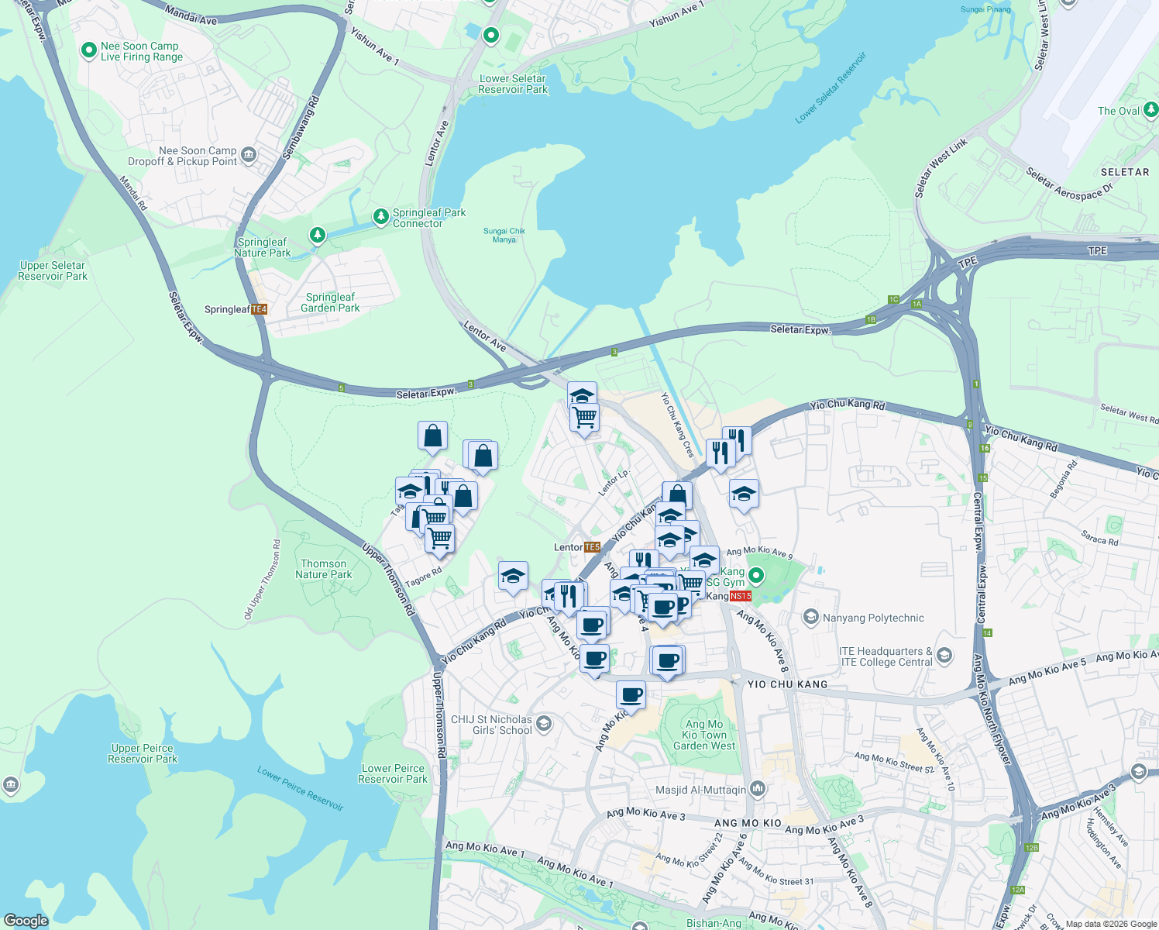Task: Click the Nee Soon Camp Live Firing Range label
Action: (x=142, y=52)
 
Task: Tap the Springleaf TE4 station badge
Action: (x=259, y=309)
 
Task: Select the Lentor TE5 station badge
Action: (x=592, y=547)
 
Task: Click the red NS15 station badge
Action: (x=740, y=596)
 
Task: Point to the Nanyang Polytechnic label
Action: (x=873, y=618)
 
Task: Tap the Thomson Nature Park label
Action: (x=324, y=570)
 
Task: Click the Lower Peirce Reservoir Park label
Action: (x=393, y=773)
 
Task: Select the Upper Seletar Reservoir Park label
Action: (x=53, y=270)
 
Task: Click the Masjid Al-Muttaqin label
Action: (x=700, y=790)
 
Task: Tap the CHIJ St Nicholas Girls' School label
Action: (x=491, y=725)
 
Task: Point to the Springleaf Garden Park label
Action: (x=330, y=302)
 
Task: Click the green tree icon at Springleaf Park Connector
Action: (x=380, y=216)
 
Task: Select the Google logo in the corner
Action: (x=26, y=921)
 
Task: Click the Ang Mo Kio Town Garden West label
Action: (x=704, y=735)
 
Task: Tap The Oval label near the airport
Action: (x=1119, y=111)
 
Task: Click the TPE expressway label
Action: (x=1097, y=251)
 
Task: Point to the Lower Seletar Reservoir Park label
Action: (x=513, y=84)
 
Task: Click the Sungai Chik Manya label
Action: (x=504, y=235)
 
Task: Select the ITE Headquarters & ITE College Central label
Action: (x=886, y=656)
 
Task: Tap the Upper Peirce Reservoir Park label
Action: (x=143, y=753)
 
